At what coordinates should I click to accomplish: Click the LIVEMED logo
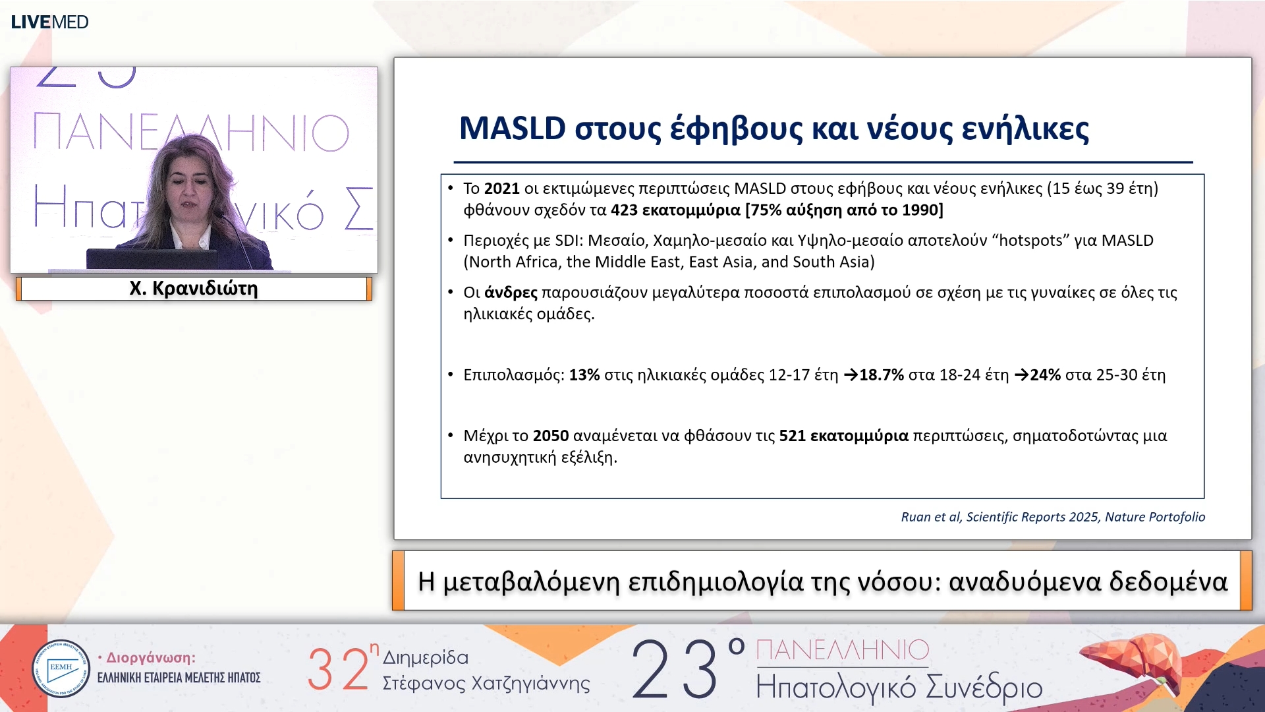pos(49,22)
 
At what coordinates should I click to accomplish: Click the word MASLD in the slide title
pos(512,128)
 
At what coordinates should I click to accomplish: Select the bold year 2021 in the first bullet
pos(501,189)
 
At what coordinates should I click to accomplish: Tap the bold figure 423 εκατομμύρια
pos(675,210)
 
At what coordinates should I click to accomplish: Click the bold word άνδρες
pos(511,293)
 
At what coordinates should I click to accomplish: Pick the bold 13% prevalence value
pos(584,375)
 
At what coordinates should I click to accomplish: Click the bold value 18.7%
pos(881,375)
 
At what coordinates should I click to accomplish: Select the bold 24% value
pos(1045,375)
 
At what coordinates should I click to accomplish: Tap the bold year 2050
pos(550,436)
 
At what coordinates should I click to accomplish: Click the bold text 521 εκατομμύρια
pos(843,436)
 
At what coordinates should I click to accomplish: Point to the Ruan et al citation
pos(1052,517)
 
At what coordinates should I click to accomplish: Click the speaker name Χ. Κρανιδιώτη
pos(193,289)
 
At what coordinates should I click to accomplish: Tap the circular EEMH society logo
pos(61,668)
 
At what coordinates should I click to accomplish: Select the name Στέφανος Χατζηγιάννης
pos(486,684)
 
